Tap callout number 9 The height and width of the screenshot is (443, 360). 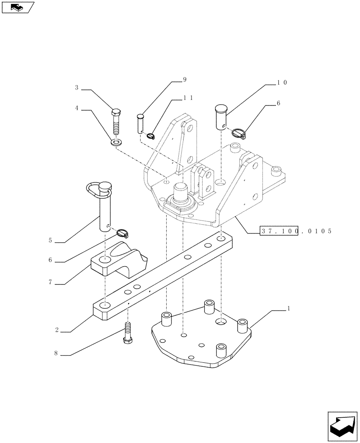click(184, 80)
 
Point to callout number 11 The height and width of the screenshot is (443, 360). click(188, 98)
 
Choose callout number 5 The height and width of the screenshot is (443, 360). click(51, 241)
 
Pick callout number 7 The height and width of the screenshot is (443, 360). click(51, 281)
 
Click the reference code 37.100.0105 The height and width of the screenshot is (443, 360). click(296, 231)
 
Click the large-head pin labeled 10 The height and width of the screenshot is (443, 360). click(221, 117)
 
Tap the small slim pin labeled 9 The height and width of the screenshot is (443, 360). click(141, 123)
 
